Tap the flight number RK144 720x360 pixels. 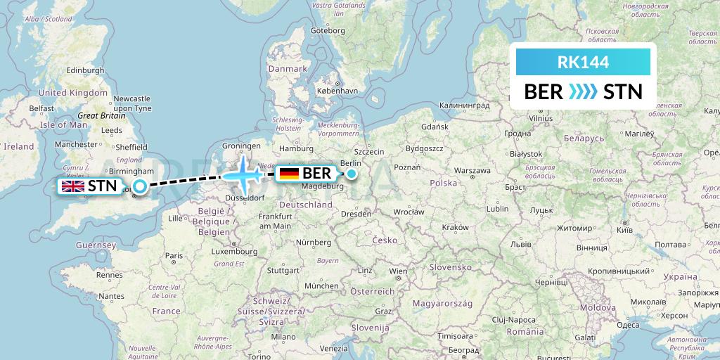[x=582, y=62]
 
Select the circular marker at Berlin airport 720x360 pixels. [x=352, y=173]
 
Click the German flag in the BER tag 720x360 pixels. [x=289, y=173]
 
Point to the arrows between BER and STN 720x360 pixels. [x=583, y=91]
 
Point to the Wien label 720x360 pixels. [x=398, y=271]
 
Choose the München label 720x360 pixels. [x=321, y=286]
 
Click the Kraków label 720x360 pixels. [x=455, y=227]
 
